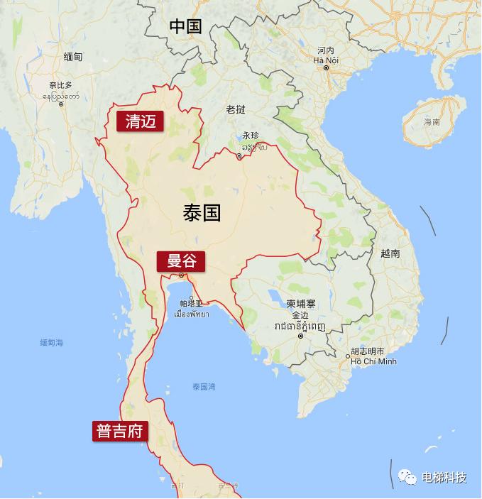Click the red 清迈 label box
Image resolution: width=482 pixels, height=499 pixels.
(140, 121)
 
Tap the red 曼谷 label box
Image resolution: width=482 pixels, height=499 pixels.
(181, 261)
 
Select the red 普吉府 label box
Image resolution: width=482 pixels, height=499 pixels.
(120, 432)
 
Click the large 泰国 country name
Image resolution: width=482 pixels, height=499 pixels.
(202, 212)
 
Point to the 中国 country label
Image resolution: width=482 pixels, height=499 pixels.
(185, 27)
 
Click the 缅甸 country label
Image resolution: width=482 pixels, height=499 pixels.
(72, 57)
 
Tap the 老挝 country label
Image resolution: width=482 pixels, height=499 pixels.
(236, 109)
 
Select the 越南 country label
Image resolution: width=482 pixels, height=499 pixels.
(390, 253)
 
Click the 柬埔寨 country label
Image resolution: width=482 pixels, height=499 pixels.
(301, 303)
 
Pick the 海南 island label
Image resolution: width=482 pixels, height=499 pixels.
(432, 122)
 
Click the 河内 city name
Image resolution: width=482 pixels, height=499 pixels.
(326, 50)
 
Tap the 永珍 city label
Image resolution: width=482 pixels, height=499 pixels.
(251, 135)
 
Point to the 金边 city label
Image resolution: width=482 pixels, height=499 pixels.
(301, 314)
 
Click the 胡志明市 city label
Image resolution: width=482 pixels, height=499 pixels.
(368, 351)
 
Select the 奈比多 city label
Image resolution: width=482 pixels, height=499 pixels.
(60, 85)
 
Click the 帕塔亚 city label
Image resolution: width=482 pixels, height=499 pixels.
(191, 303)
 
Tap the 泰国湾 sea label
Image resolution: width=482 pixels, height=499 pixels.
(204, 387)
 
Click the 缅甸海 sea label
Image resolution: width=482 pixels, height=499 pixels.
(52, 343)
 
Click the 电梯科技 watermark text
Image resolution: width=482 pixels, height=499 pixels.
(444, 477)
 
